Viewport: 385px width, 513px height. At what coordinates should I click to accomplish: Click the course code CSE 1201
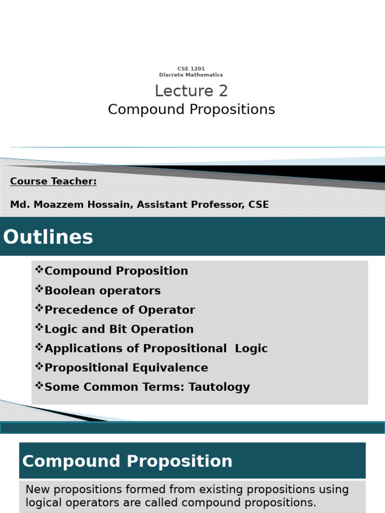click(x=191, y=69)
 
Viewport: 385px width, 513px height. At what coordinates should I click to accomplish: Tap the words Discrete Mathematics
click(x=191, y=75)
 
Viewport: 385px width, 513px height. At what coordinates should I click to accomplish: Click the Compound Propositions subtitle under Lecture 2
click(x=191, y=109)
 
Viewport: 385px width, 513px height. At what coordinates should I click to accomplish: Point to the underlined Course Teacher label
click(x=53, y=181)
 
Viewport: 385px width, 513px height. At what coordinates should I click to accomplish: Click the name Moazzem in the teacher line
click(x=53, y=204)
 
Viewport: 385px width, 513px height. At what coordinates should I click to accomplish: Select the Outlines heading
click(x=48, y=237)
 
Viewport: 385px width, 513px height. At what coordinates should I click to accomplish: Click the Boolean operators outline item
click(x=102, y=291)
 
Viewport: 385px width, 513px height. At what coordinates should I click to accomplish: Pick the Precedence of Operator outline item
click(x=119, y=310)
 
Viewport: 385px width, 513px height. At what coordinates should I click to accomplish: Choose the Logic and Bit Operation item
click(x=119, y=329)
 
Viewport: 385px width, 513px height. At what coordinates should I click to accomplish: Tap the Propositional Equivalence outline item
click(x=126, y=368)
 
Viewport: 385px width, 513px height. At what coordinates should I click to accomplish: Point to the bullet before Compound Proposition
click(x=39, y=271)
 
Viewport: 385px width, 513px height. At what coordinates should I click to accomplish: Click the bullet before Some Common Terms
click(x=39, y=386)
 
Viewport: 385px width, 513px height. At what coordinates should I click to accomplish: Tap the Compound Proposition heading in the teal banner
click(x=127, y=461)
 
